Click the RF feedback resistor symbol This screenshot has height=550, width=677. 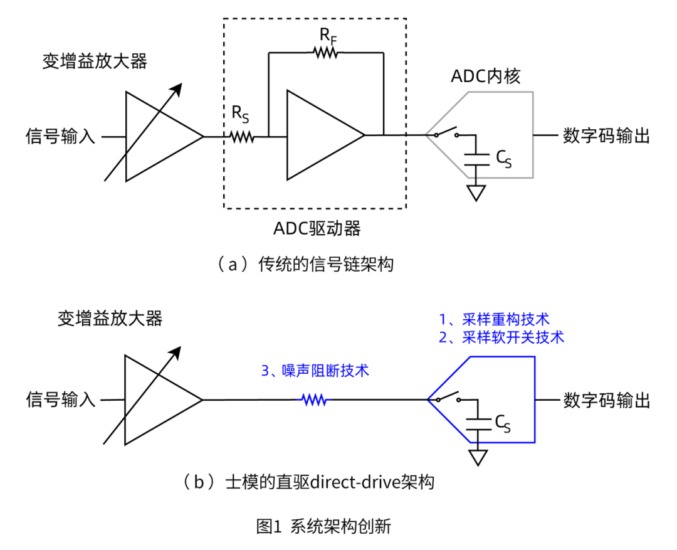tap(325, 53)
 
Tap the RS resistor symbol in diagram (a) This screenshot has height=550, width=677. tap(241, 136)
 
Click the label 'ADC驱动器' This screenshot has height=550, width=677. tap(317, 229)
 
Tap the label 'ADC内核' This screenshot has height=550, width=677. tap(486, 76)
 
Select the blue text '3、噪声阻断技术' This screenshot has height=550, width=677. tap(315, 371)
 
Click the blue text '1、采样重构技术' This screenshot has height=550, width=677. tap(495, 319)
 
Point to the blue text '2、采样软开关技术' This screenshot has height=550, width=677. tap(501, 337)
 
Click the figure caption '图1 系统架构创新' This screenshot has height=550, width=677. tap(324, 526)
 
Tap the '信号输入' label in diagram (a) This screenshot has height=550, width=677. tap(60, 136)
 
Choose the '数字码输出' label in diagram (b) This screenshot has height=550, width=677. tap(606, 400)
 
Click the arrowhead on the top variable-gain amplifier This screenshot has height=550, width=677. tap(177, 89)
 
